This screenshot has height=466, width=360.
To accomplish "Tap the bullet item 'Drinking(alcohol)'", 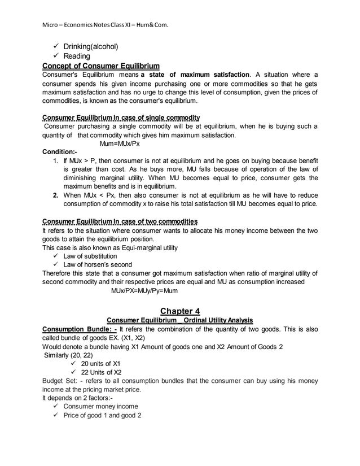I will pos(91,46).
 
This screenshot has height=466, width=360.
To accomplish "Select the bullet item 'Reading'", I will pos(76,56).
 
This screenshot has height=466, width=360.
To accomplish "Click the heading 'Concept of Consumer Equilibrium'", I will pos(100,66).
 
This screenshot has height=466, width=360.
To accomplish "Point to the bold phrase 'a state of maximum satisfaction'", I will pos(195,75).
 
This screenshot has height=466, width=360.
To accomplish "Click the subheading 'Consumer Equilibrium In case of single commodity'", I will pos(121,117).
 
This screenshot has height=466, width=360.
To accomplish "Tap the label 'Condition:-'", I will pos(60,152).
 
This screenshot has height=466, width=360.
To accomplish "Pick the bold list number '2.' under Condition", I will pos(55,195).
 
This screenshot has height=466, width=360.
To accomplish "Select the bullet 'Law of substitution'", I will pos(90,256).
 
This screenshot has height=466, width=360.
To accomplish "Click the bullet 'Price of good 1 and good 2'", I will pos(102,415).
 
